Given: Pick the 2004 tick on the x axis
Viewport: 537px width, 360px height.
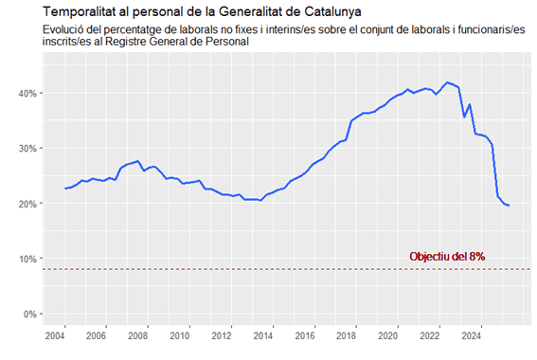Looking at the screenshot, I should click(55, 335).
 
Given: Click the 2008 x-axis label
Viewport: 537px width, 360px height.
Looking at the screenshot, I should click(138, 335).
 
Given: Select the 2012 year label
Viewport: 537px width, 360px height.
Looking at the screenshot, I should click(222, 335).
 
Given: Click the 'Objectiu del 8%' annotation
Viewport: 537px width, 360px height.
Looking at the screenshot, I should click(454, 257).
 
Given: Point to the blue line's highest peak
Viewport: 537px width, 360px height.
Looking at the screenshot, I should click(448, 82).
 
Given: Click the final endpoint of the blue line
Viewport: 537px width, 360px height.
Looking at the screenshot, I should click(509, 206).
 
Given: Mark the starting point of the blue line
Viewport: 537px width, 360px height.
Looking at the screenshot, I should click(65, 189).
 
